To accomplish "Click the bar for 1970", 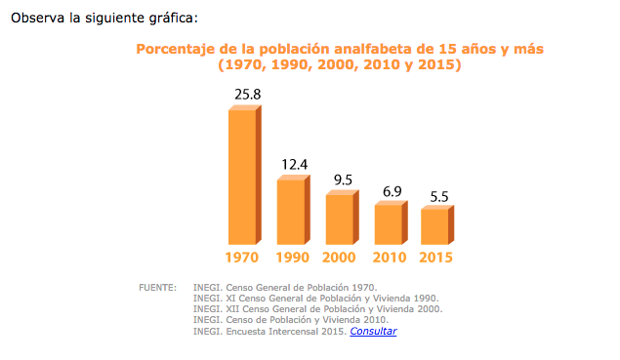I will click(x=242, y=176).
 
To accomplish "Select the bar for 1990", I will click(x=291, y=211).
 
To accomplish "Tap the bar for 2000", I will click(x=340, y=219).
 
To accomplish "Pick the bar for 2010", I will click(x=389, y=223).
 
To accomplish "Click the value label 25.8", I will click(x=247, y=94).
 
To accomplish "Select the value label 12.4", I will click(x=295, y=164).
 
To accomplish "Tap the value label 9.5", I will click(x=343, y=180).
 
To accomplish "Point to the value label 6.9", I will click(x=392, y=191).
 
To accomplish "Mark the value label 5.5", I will click(x=439, y=196).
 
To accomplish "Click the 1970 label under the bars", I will click(x=241, y=258).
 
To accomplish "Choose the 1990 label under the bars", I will click(x=291, y=258).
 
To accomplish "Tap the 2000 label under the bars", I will click(x=339, y=258).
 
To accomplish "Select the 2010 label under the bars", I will click(x=390, y=258).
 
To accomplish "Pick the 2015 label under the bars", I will click(x=436, y=258).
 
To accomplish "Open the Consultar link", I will click(x=373, y=332).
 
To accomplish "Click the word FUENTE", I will click(x=157, y=288).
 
